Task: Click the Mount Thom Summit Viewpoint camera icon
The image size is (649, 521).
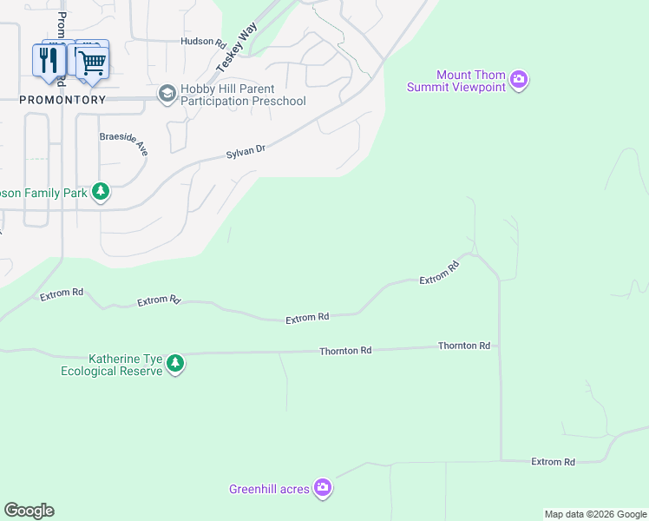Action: [520, 80]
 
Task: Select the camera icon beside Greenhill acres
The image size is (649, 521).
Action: [323, 489]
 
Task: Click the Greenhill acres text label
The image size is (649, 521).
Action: [269, 489]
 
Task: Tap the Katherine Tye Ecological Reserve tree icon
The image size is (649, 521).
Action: [175, 364]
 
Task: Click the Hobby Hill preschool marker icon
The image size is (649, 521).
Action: [166, 93]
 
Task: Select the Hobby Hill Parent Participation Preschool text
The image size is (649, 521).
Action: [242, 96]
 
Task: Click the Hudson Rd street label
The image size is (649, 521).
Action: [202, 41]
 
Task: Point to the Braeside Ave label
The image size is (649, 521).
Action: [124, 143]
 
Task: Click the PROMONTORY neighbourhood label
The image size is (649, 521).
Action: [63, 100]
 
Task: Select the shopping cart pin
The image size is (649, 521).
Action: [92, 61]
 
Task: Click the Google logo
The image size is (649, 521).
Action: [29, 511]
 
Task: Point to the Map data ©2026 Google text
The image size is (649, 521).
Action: [594, 514]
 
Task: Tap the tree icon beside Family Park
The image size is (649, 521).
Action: [101, 191]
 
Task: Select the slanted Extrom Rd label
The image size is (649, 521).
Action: [439, 274]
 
